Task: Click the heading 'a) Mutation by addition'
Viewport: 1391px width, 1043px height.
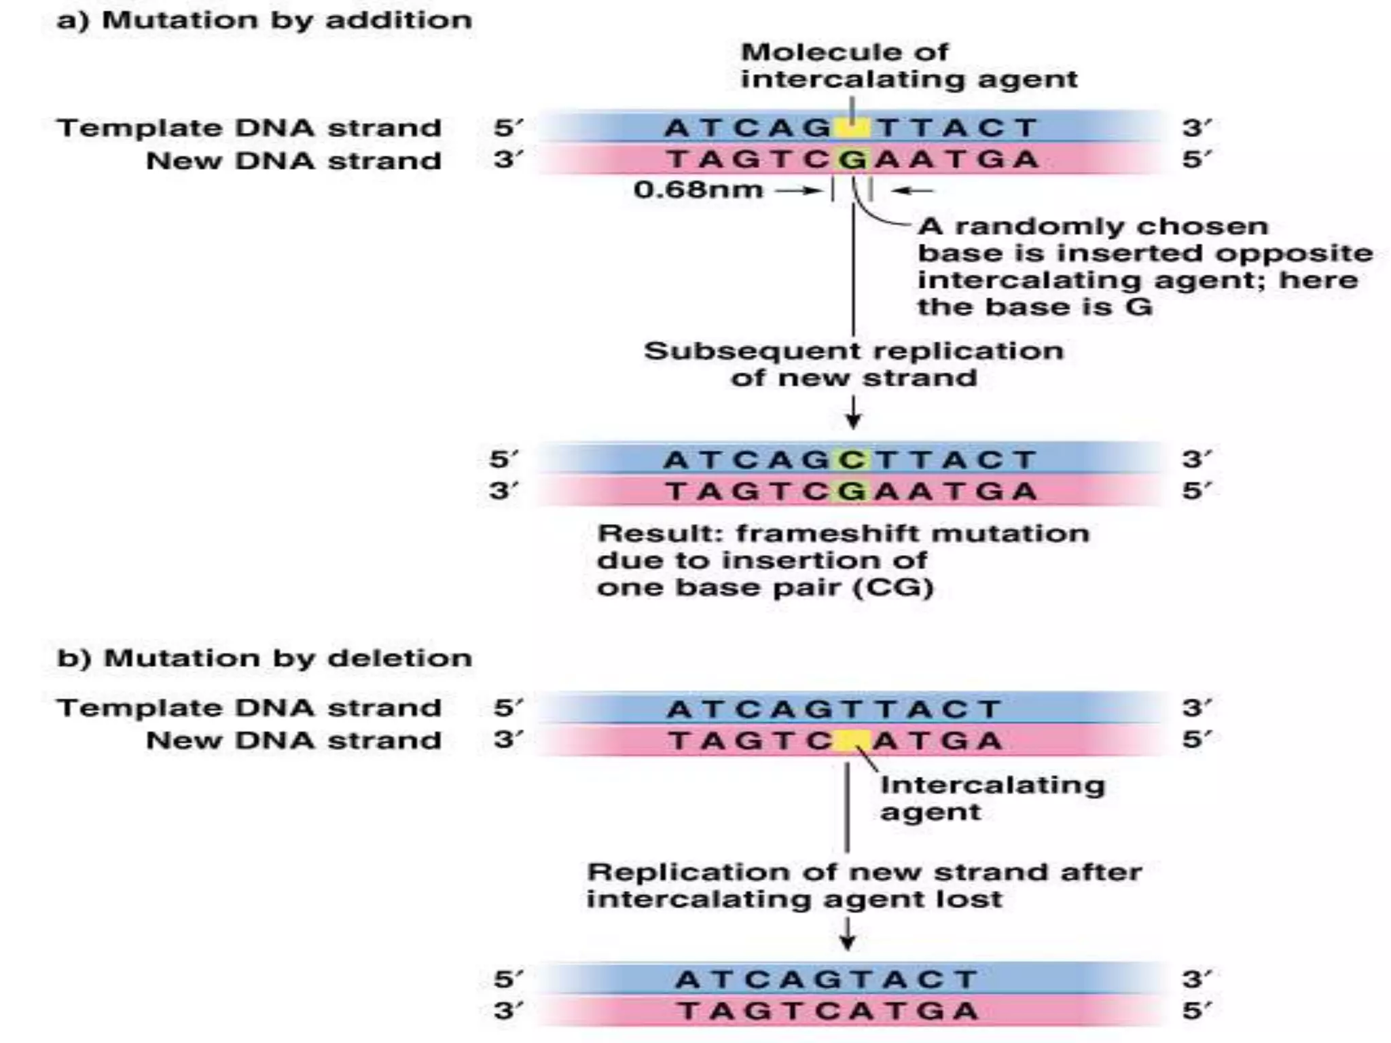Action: (x=264, y=20)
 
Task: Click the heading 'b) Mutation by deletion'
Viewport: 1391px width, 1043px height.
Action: (x=264, y=658)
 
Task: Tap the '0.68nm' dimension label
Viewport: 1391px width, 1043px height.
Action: (x=698, y=189)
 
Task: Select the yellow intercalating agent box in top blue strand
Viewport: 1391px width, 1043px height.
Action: (x=852, y=128)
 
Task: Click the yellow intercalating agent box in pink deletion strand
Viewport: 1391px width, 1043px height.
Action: (x=852, y=740)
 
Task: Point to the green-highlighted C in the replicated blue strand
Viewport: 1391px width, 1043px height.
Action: (x=852, y=460)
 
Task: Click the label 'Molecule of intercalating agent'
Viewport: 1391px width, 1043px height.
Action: (x=908, y=66)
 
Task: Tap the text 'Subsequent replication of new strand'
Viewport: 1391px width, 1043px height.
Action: (x=853, y=364)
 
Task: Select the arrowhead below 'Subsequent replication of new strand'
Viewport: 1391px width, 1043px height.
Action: (x=853, y=422)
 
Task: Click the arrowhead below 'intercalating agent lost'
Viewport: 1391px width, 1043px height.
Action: (x=847, y=943)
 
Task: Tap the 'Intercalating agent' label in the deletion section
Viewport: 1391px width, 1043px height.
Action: (x=992, y=798)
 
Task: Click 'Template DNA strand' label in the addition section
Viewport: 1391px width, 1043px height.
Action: (x=249, y=128)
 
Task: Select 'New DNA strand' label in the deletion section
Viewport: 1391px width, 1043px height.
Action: (x=293, y=740)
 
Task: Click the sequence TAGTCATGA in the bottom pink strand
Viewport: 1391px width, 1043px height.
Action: (x=827, y=1011)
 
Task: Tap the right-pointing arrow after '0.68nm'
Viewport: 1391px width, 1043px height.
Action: (x=800, y=191)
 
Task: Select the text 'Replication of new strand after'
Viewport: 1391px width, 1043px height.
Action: (x=864, y=872)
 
